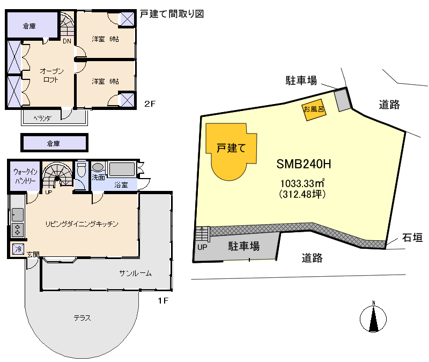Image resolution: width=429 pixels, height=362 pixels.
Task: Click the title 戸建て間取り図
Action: point(172,14)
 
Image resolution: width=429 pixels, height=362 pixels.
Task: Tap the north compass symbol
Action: point(372,317)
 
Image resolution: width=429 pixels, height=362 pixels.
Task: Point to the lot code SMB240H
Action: point(302,163)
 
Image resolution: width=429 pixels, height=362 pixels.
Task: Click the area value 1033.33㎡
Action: point(303,182)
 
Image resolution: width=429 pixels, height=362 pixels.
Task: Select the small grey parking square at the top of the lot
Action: point(342,100)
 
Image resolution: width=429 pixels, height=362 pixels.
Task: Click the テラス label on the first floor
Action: point(82,318)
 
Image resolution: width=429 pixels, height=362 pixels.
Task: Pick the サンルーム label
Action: point(135,273)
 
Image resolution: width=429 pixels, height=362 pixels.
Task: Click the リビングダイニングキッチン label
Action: point(82,224)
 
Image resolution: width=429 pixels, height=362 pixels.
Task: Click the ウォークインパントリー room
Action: point(24,176)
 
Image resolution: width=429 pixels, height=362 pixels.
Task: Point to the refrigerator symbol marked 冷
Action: point(18,249)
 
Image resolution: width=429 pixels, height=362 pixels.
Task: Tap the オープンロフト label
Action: point(51,75)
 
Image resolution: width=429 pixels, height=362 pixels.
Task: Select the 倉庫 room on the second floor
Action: point(29,25)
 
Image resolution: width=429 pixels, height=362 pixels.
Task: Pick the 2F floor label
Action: point(150,105)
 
